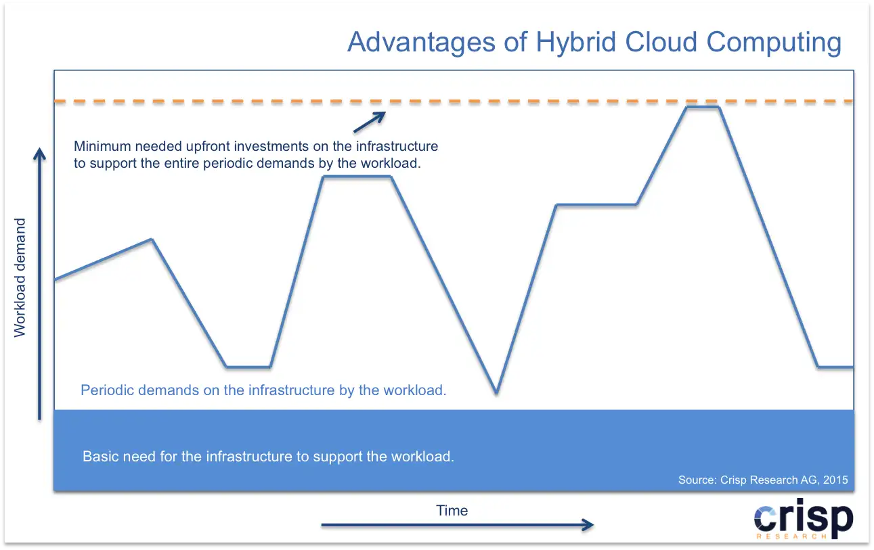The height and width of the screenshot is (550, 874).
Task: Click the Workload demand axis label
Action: (20, 277)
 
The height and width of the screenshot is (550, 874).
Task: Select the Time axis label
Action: (452, 510)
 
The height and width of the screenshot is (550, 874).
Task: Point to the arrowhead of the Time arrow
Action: (588, 525)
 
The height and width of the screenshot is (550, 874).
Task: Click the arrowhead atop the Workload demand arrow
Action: (39, 154)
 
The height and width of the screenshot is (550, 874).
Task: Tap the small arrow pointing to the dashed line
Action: (370, 122)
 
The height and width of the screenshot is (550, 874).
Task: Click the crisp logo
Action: (804, 518)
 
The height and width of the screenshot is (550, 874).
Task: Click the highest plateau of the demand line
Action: (702, 107)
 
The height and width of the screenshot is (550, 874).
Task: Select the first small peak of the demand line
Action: (152, 239)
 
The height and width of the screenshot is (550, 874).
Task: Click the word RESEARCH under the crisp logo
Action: (791, 536)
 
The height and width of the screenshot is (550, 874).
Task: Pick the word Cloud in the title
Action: (661, 42)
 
